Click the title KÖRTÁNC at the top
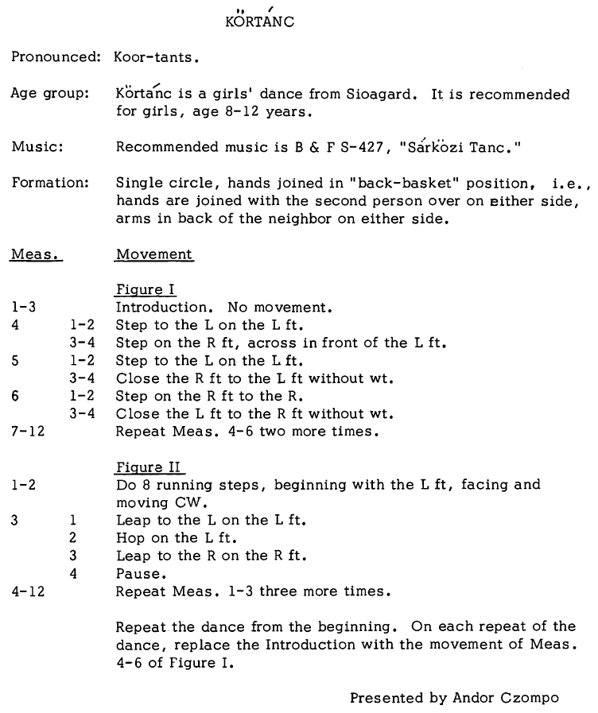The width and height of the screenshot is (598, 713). [260, 21]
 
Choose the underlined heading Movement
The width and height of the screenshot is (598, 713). [153, 254]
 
